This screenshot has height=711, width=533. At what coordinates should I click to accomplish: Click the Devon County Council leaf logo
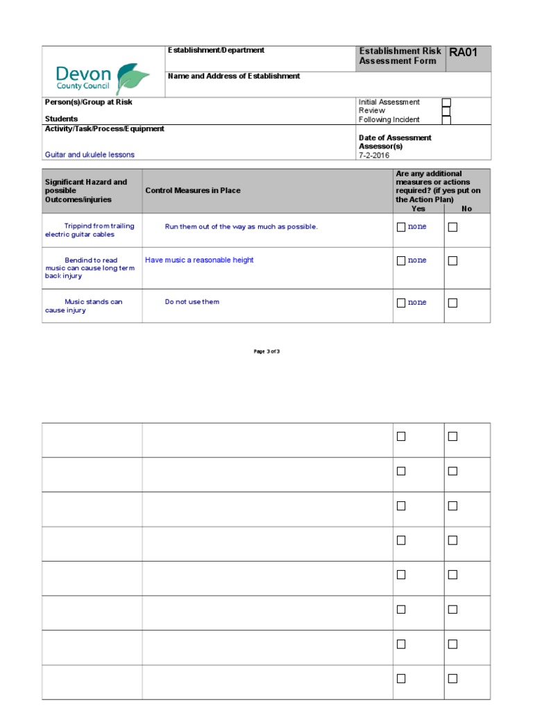133,78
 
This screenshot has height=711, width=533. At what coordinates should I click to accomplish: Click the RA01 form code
463,52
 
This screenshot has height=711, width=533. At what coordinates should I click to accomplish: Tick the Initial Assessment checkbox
446,103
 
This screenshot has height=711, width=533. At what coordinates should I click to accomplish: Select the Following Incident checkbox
446,119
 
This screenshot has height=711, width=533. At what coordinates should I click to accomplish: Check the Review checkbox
446,111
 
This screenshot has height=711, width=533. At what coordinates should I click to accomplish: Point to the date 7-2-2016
374,156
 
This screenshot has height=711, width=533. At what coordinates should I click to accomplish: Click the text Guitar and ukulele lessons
90,155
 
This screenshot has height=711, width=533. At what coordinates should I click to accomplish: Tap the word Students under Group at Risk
61,119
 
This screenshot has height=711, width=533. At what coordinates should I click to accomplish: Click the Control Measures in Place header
192,190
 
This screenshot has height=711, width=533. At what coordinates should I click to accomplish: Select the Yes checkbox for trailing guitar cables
400,226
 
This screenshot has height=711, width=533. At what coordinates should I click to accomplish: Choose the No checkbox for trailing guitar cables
452,226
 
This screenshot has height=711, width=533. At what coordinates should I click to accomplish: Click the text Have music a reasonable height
199,260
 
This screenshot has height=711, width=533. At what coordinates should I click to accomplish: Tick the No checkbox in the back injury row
452,260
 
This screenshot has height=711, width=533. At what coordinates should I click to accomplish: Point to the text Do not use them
192,302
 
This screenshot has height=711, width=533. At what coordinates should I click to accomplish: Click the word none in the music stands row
417,303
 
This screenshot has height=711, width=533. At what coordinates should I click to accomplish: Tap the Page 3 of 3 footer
266,351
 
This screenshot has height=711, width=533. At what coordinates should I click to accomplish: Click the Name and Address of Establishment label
234,76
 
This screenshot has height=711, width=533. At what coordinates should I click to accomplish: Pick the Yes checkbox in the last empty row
400,678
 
